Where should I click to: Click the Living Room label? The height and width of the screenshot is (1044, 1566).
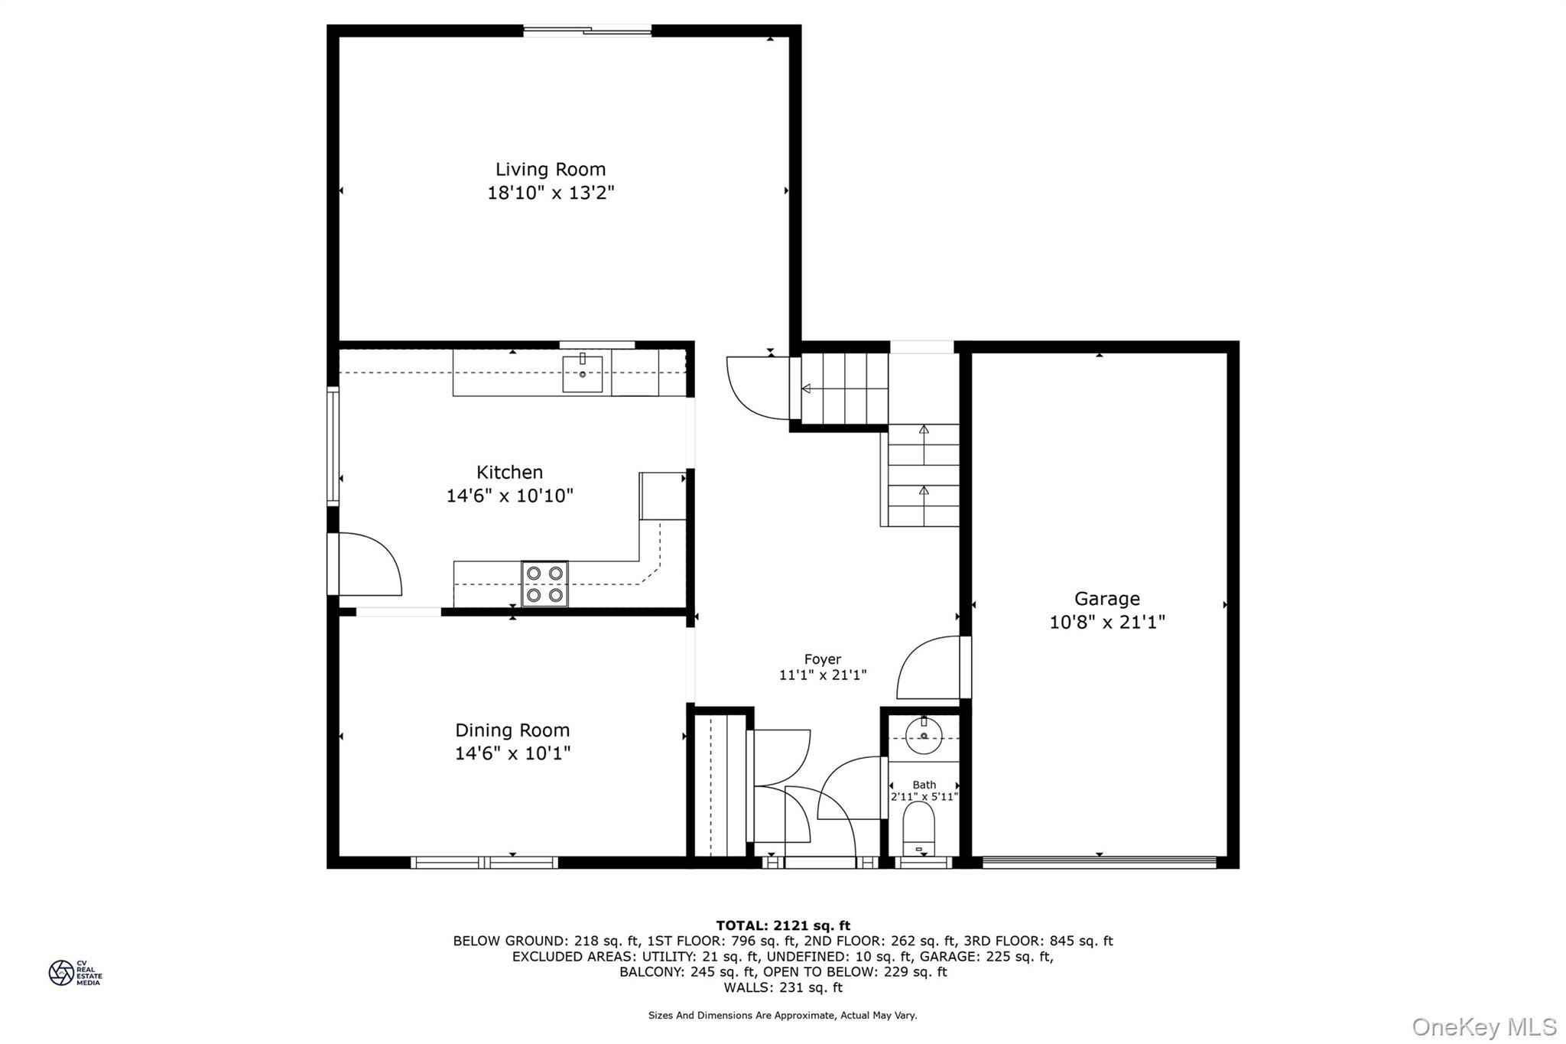(551, 169)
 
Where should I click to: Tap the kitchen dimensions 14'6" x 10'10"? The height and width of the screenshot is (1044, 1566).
(510, 496)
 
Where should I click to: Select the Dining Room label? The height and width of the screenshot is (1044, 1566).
(512, 730)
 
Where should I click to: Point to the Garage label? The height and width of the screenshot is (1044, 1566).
(1106, 599)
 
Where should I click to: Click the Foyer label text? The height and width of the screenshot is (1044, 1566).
(823, 659)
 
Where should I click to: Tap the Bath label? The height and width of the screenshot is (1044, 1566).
(924, 785)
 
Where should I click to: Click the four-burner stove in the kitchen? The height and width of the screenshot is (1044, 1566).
(544, 584)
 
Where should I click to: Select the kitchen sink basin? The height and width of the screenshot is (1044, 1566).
(583, 374)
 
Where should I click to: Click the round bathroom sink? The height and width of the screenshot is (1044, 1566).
(924, 736)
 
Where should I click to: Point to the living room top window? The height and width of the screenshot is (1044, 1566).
(587, 31)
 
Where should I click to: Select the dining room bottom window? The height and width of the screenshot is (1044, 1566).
(485, 863)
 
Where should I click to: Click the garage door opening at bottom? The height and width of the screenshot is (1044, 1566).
(1099, 863)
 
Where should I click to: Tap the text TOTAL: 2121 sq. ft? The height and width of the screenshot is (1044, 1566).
(783, 925)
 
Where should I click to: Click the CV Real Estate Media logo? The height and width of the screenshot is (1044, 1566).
(75, 973)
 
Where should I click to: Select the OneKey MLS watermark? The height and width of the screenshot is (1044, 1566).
(1484, 1026)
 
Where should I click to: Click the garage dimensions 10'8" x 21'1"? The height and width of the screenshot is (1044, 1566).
(1107, 622)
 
